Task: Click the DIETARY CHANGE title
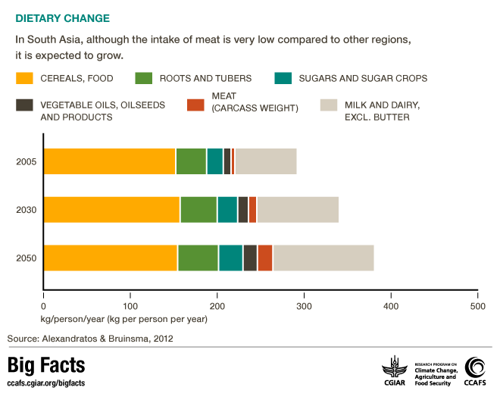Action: [62, 17]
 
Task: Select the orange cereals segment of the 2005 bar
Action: [110, 161]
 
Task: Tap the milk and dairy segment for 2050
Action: [323, 258]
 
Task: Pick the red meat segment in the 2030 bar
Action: [253, 209]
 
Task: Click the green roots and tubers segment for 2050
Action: [198, 258]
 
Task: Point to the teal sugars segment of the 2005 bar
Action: [214, 161]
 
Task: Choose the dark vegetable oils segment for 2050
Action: [250, 258]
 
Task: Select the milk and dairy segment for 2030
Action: [298, 209]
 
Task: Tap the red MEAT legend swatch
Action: [195, 105]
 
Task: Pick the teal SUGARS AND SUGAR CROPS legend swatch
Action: [282, 78]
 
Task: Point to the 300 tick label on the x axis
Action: [304, 306]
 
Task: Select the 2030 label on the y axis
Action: [26, 210]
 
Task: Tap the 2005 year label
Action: [26, 161]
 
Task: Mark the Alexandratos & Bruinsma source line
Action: [90, 338]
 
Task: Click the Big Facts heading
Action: [46, 366]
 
